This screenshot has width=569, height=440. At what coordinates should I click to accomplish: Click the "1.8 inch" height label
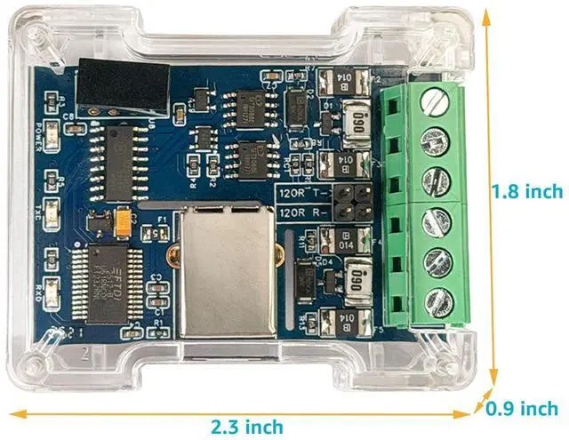coord(528,191)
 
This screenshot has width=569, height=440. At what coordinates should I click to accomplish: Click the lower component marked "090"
coord(359,273)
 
